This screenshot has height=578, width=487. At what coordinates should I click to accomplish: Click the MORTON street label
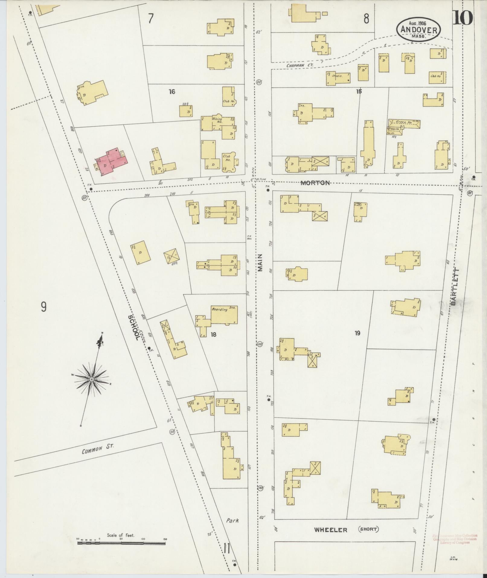(x=315, y=183)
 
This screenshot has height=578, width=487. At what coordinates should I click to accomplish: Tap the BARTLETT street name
(x=456, y=287)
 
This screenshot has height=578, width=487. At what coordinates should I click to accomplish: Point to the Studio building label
(x=337, y=76)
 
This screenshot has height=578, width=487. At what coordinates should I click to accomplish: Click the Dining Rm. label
(x=217, y=120)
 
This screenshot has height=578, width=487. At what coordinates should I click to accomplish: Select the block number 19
(x=357, y=333)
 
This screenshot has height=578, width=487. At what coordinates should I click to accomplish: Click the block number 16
(x=172, y=92)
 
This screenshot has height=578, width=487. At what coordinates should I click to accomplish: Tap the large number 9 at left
(x=44, y=307)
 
